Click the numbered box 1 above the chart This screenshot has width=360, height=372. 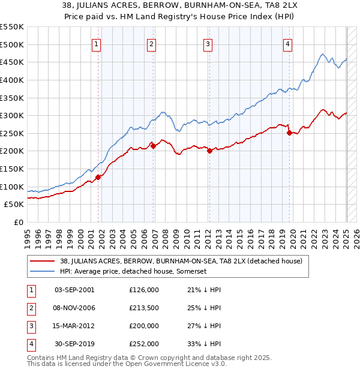tap(97, 43)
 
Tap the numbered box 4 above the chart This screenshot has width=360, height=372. tap(288, 43)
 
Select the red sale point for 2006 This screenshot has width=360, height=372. tap(153, 146)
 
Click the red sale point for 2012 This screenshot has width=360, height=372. tap(209, 151)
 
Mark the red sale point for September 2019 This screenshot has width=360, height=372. tap(290, 133)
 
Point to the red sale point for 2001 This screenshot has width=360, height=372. tap(98, 177)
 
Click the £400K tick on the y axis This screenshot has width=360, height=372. tap(13, 80)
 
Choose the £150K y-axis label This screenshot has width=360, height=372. tap(13, 169)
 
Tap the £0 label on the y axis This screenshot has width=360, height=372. tap(19, 222)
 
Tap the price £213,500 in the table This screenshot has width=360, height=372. tap(144, 308)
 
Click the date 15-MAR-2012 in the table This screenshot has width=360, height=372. tap(74, 326)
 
